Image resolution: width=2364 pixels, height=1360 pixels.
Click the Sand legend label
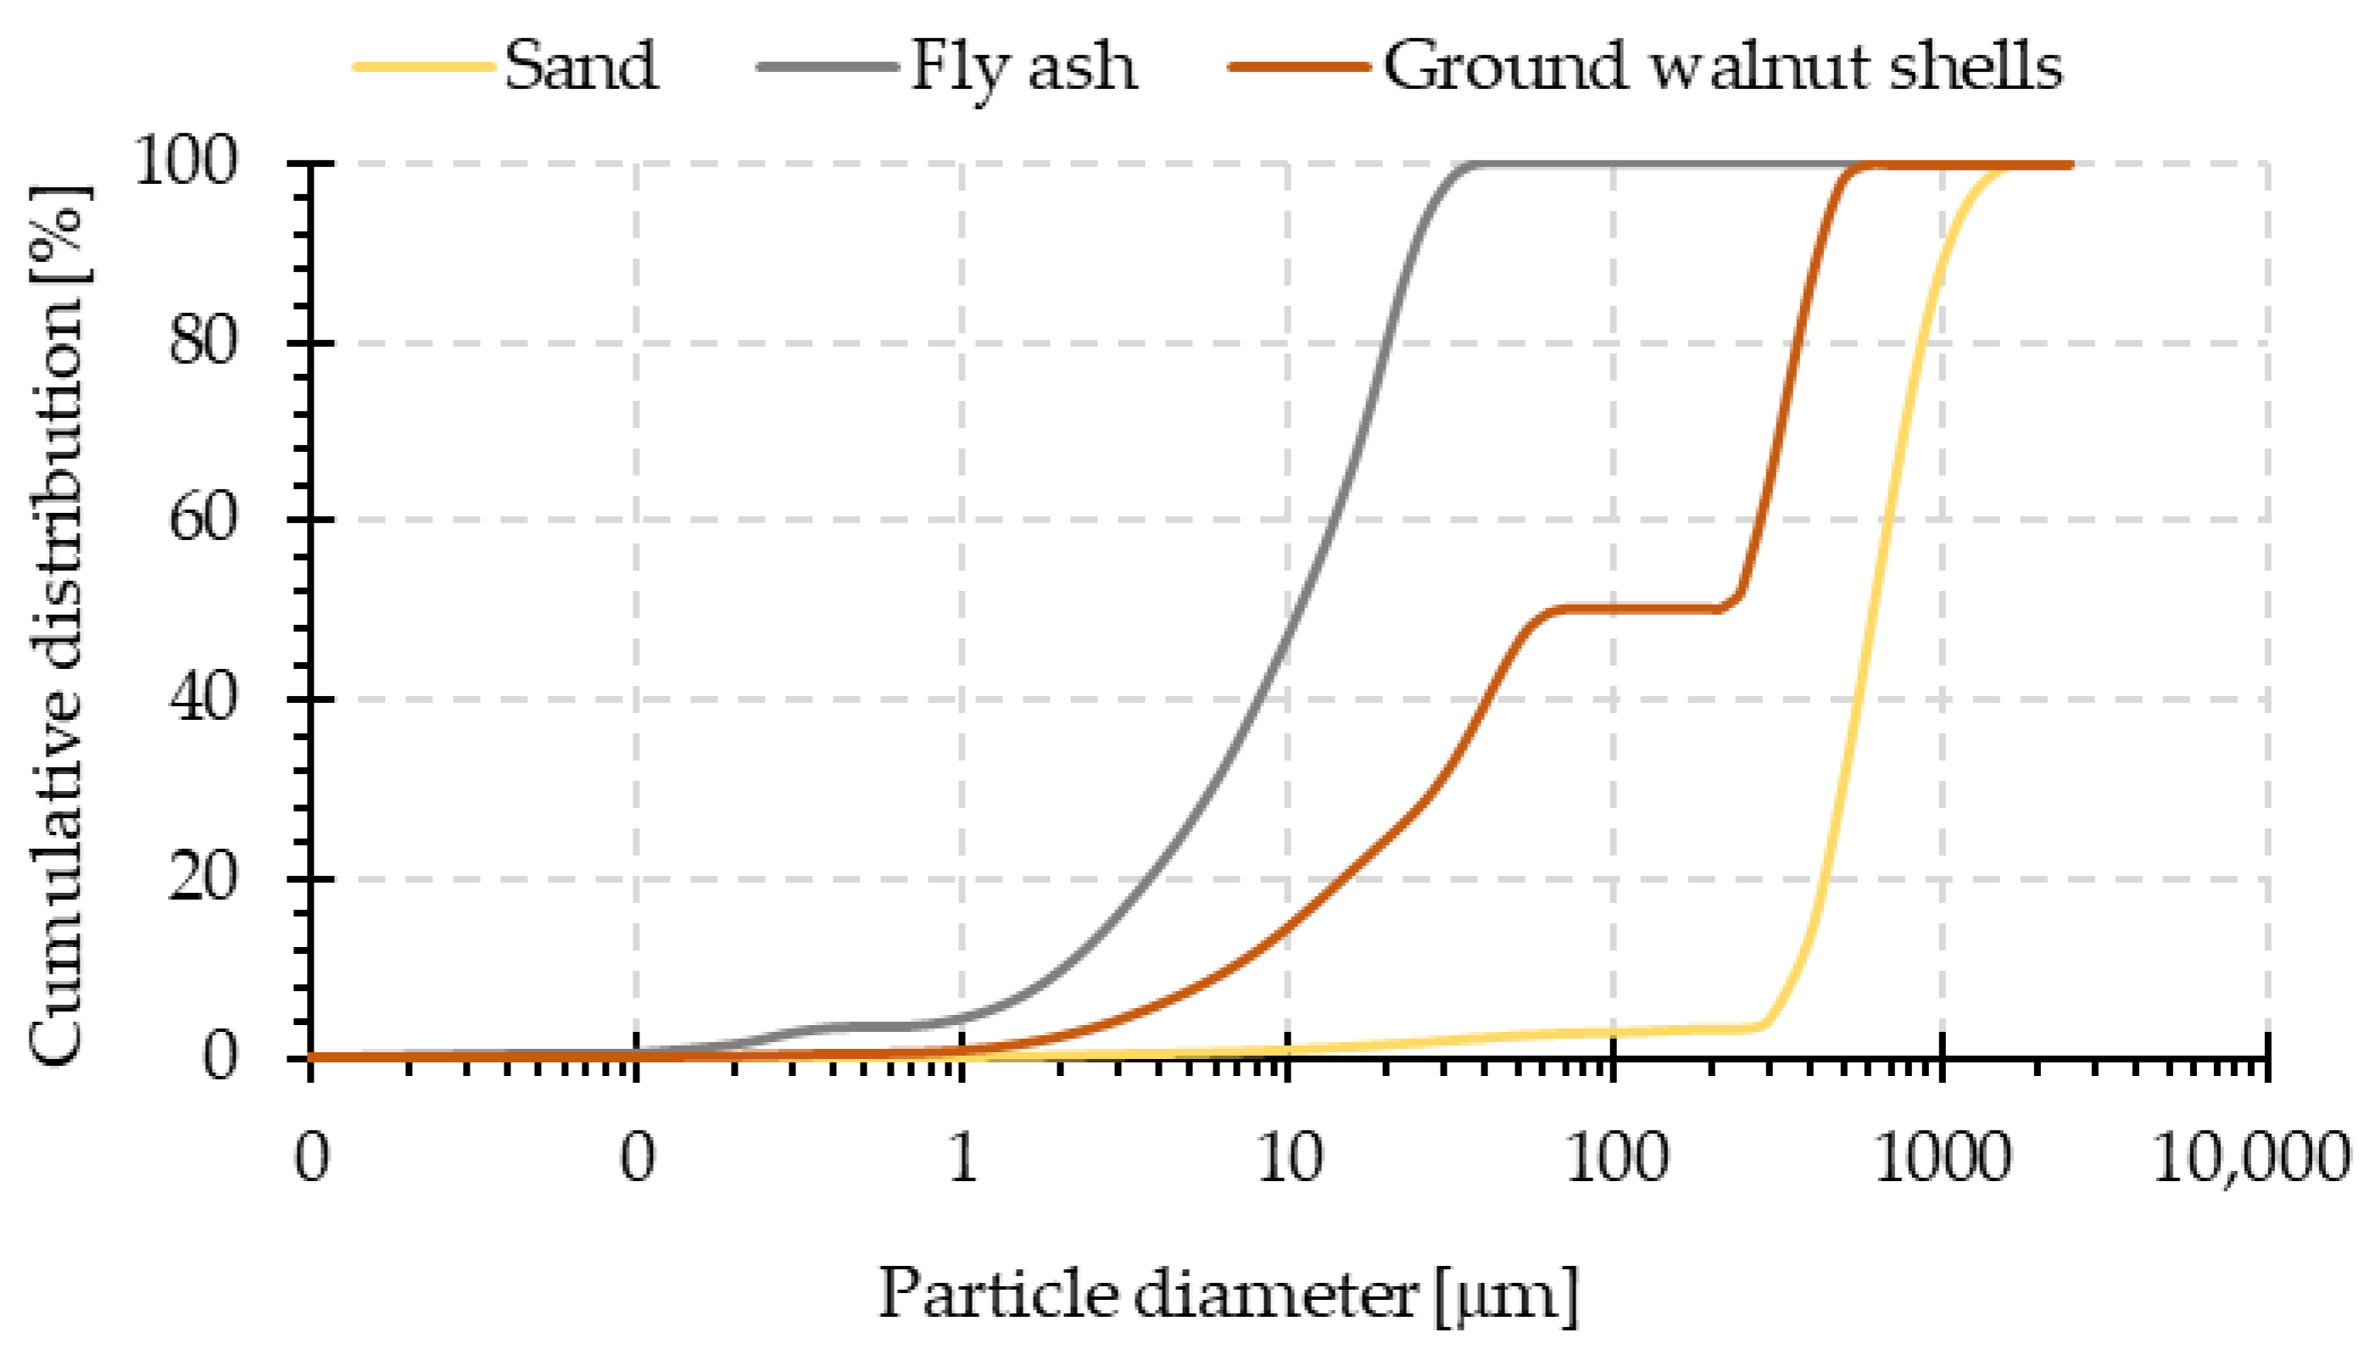[581, 67]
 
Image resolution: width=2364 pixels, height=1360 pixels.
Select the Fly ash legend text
[1023, 67]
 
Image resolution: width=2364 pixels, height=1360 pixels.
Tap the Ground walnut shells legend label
[1722, 67]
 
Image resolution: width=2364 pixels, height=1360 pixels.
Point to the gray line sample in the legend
[827, 67]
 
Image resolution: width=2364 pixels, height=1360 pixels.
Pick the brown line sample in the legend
[1299, 67]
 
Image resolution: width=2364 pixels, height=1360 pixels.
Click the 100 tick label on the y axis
[187, 163]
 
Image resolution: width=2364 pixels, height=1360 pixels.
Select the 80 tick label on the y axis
[202, 342]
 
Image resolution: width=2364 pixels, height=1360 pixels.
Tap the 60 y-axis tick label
[202, 520]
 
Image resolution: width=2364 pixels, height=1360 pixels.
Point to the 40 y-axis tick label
[202, 699]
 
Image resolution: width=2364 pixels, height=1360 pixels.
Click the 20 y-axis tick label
[202, 878]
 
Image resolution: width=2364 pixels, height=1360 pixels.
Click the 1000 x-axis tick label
[1942, 1158]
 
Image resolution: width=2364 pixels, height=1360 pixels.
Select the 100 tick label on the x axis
[1616, 1158]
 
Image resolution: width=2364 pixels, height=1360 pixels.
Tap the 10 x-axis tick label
[1290, 1158]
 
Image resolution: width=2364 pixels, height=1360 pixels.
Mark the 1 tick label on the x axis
[963, 1158]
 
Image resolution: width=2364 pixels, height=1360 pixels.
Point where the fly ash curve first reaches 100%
[1475, 165]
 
